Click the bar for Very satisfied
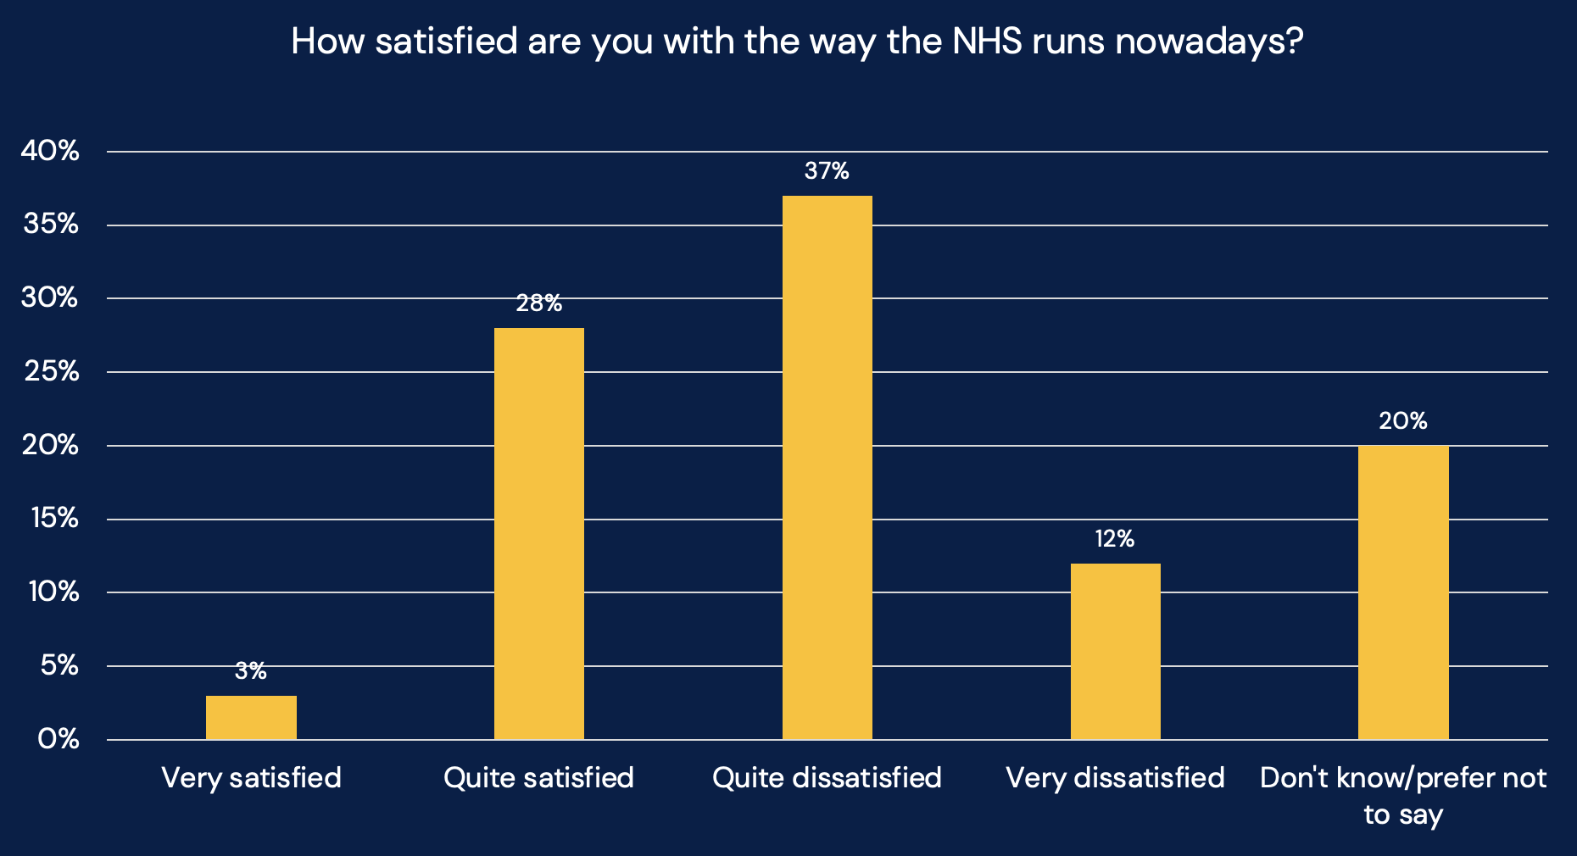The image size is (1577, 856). (x=251, y=717)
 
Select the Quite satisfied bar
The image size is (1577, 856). (x=538, y=533)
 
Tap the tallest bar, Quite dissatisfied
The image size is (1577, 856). (x=827, y=467)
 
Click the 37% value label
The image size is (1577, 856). (x=827, y=171)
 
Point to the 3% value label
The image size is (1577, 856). (x=251, y=671)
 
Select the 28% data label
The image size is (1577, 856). (x=539, y=303)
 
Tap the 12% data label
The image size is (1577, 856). (x=1114, y=539)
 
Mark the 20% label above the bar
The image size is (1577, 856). (x=1403, y=421)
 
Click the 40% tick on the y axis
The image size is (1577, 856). (x=50, y=152)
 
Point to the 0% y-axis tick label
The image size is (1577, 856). (x=59, y=739)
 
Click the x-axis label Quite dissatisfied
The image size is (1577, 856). (x=827, y=777)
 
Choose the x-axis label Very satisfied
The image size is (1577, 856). (x=251, y=777)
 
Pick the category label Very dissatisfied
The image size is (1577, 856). (x=1115, y=777)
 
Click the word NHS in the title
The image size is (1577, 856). (x=986, y=41)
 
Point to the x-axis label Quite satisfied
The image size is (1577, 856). (x=538, y=777)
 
